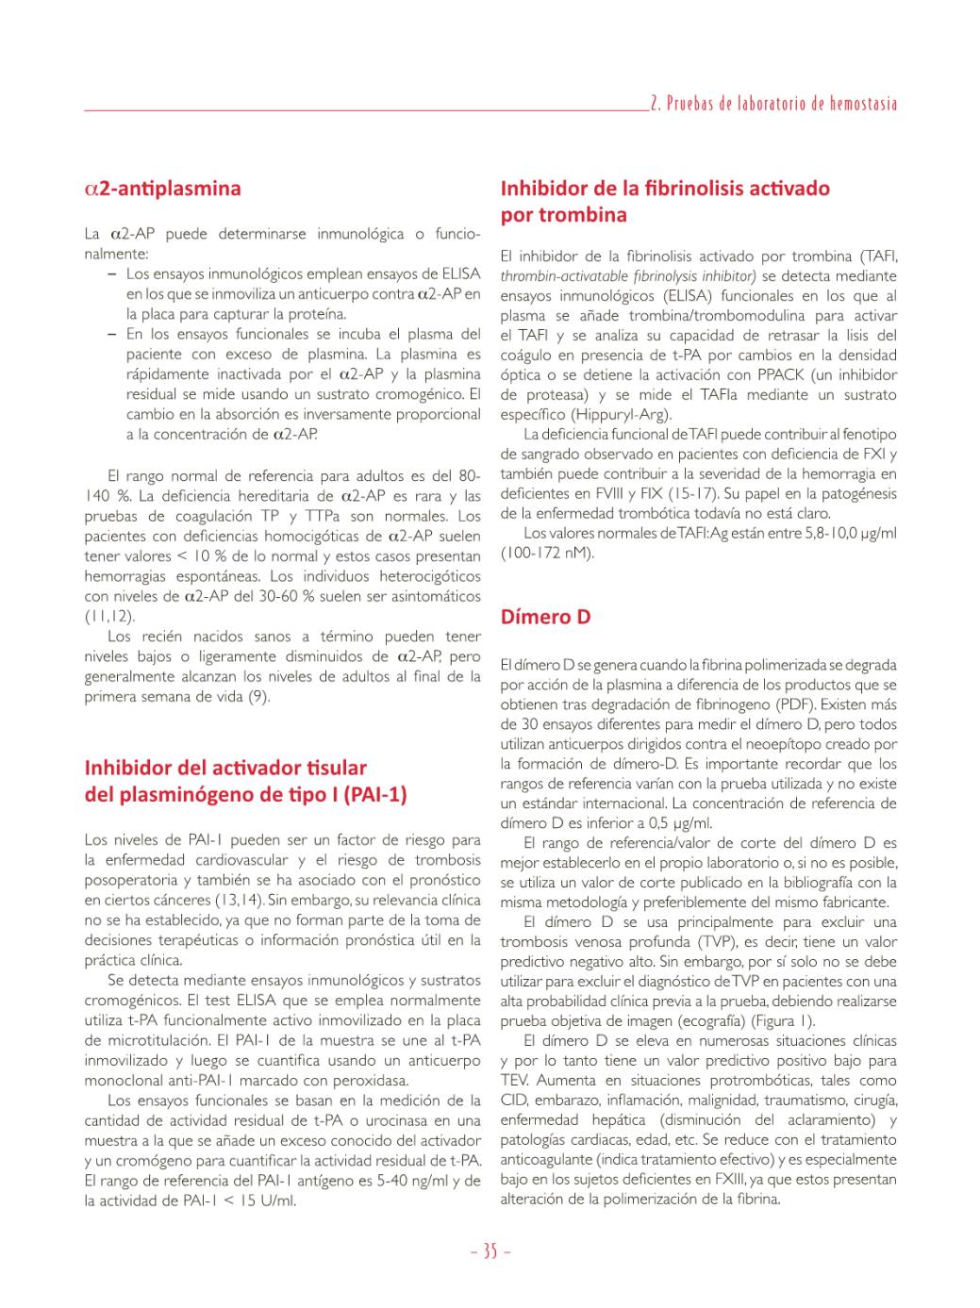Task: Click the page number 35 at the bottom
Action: point(490,1251)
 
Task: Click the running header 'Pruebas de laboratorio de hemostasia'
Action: point(780,104)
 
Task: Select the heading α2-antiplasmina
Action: point(162,189)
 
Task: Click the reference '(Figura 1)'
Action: point(783,1021)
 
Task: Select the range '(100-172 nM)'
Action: point(547,554)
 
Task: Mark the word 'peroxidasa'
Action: point(372,1081)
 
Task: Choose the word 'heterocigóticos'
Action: point(428,576)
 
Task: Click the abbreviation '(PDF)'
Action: point(797,704)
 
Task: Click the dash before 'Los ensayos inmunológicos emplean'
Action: point(112,274)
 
